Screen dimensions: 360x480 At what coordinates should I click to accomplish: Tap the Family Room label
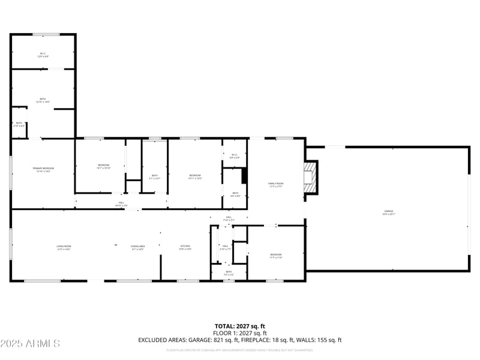pyautogui.click(x=275, y=185)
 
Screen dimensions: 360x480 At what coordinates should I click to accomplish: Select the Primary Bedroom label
pyautogui.click(x=43, y=170)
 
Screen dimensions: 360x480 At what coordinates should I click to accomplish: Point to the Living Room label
pyautogui.click(x=64, y=247)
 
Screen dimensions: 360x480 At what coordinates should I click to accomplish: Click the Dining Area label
pyautogui.click(x=137, y=247)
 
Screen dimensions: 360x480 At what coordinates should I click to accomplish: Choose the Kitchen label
pyautogui.click(x=185, y=247)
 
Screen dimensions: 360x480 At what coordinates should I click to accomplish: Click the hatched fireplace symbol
pyautogui.click(x=310, y=178)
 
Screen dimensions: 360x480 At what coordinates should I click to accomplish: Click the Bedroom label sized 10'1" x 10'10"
pyautogui.click(x=104, y=166)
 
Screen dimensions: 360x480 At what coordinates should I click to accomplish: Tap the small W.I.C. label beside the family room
pyautogui.click(x=235, y=156)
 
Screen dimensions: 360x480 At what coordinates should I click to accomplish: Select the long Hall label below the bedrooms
pyautogui.click(x=121, y=204)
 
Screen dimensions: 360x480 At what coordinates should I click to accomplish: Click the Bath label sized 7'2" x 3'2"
pyautogui.click(x=229, y=273)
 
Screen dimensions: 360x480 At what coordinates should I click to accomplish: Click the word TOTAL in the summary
pyautogui.click(x=226, y=326)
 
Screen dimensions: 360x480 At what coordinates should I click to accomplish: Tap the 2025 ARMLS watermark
pyautogui.click(x=30, y=344)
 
